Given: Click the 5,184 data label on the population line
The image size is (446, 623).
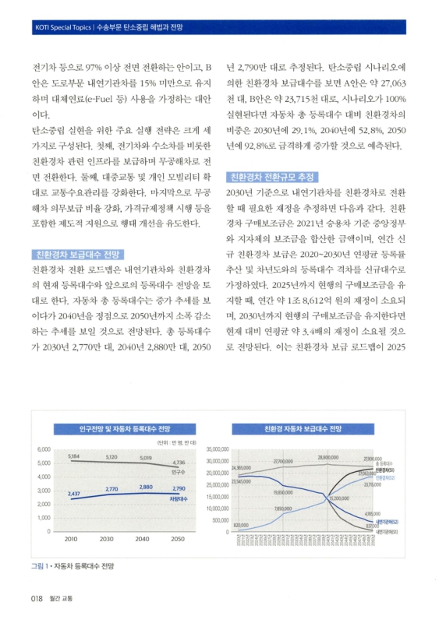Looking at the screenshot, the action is pos(74,456).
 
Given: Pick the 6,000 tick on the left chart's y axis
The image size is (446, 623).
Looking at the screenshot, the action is pos(44,450).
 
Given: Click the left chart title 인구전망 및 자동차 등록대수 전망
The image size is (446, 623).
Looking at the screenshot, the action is pos(113,429).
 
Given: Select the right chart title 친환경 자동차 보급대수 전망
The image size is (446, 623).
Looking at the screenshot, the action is pos(303,429).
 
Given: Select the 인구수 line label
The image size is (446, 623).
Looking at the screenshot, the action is pos(178,472).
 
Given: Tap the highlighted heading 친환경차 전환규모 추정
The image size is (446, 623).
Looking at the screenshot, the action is pos(271,176).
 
